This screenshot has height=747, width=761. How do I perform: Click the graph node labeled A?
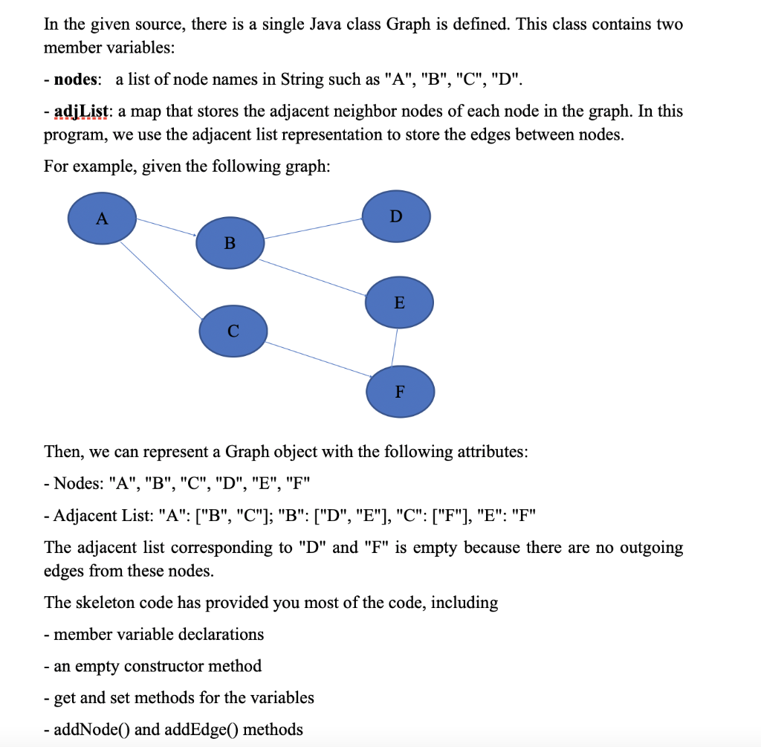click(x=102, y=218)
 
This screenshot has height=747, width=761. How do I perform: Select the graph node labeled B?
click(x=230, y=242)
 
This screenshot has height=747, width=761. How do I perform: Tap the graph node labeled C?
click(x=233, y=331)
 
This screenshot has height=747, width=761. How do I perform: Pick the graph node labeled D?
click(x=395, y=216)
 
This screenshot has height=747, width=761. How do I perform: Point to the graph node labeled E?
click(x=399, y=303)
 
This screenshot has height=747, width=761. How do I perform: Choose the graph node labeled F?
click(x=400, y=391)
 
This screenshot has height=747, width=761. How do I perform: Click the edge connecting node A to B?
click(x=166, y=227)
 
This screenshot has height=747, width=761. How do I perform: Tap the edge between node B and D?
click(x=313, y=228)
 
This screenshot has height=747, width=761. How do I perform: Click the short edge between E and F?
click(x=395, y=347)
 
